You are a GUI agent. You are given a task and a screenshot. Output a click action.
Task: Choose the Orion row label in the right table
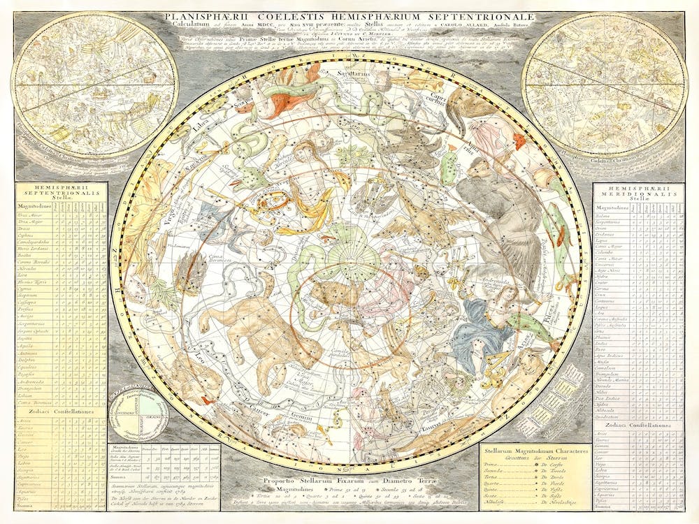tap(605, 228)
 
